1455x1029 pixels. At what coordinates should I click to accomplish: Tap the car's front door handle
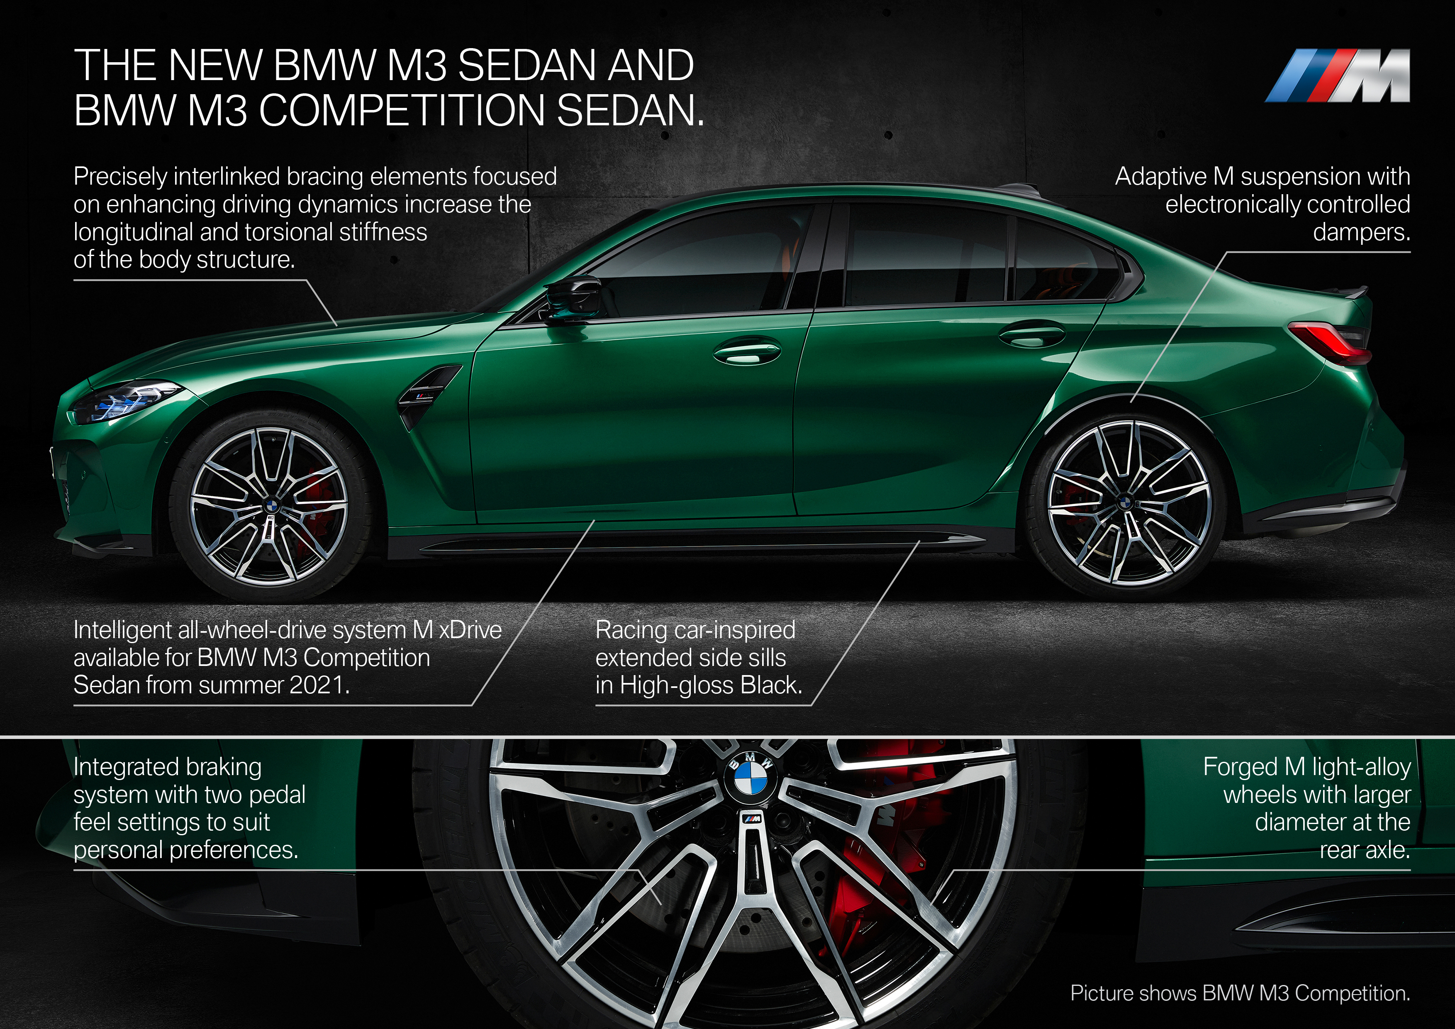tap(746, 353)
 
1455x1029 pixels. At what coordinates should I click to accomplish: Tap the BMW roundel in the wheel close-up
tap(750, 778)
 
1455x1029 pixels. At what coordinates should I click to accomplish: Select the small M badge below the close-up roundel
tap(752, 819)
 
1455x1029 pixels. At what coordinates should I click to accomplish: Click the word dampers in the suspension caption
tap(1361, 232)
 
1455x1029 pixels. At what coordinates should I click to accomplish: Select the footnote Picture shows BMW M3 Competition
tap(1240, 993)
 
